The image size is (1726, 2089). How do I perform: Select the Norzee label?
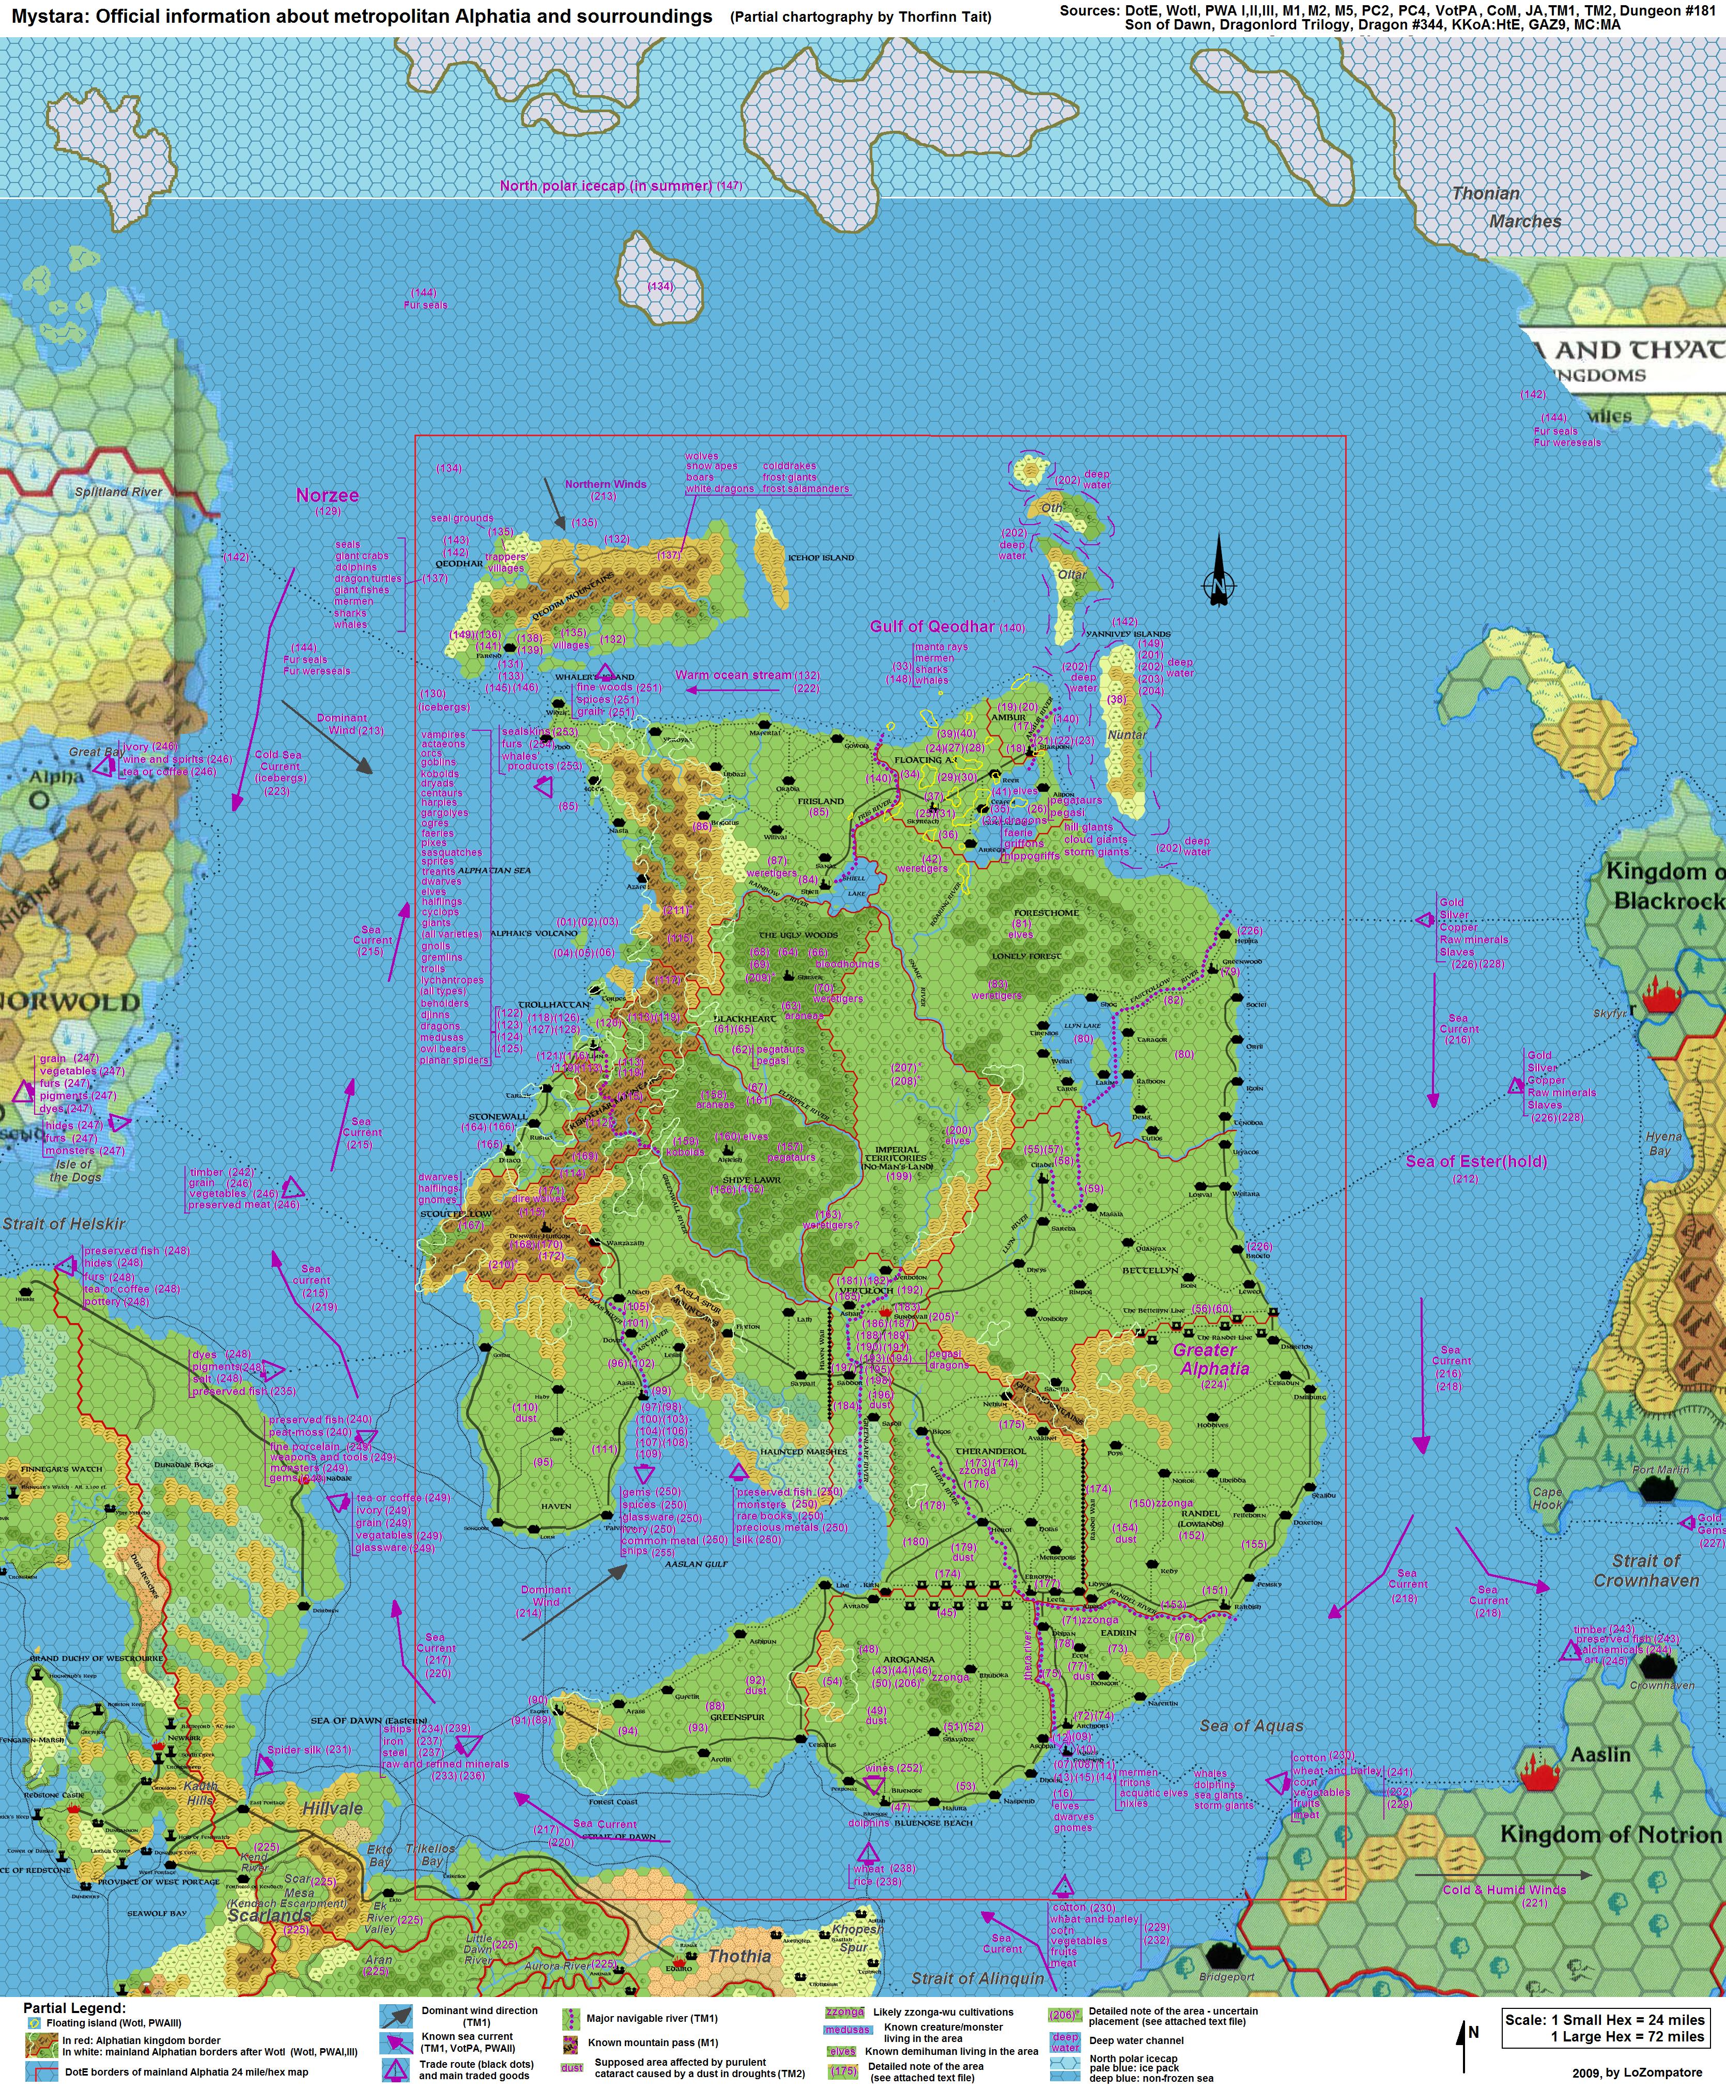coord(327,495)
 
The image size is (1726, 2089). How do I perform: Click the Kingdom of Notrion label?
coord(1609,1834)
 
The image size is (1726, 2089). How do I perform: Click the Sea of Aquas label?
coord(1251,1725)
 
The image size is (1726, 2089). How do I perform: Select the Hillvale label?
coord(332,1808)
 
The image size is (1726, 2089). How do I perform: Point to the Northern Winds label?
coord(606,484)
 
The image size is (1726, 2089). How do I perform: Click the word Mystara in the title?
coord(44,16)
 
